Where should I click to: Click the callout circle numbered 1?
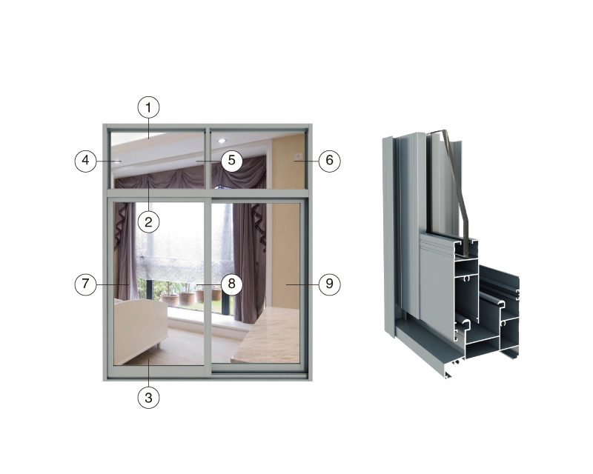[148, 107]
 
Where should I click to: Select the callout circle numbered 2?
[148, 222]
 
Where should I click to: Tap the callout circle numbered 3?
[148, 398]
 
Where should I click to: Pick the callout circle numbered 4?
[85, 161]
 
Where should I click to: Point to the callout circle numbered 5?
[231, 161]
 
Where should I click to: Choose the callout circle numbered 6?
[329, 161]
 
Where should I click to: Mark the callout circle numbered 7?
[85, 284]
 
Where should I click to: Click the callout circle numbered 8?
[231, 284]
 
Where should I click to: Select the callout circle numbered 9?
[329, 284]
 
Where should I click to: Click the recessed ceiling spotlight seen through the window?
[222, 141]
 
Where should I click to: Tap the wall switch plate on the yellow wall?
[299, 156]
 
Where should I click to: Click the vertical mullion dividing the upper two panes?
[208, 158]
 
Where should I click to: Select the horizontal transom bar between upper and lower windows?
[208, 193]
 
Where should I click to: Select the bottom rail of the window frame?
[208, 377]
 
